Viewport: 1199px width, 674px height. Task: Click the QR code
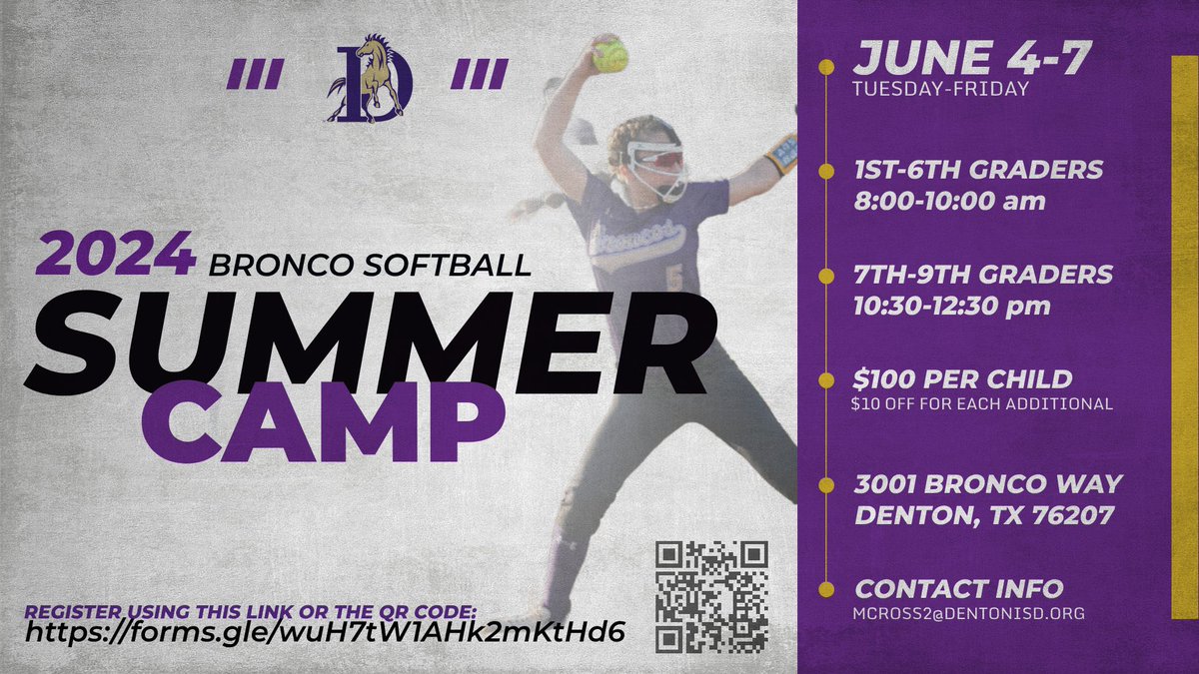click(711, 596)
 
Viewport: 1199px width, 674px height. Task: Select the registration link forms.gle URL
click(325, 631)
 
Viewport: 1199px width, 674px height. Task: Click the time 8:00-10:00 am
click(949, 201)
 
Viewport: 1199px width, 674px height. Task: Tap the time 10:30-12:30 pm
click(952, 306)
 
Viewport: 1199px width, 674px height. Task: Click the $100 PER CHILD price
click(962, 379)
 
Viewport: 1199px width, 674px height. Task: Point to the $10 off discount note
click(981, 404)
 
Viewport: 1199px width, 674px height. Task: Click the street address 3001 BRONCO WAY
click(988, 484)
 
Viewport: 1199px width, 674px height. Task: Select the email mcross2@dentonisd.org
click(968, 614)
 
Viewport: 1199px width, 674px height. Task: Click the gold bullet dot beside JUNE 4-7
click(825, 68)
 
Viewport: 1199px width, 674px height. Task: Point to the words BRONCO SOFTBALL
click(370, 265)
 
